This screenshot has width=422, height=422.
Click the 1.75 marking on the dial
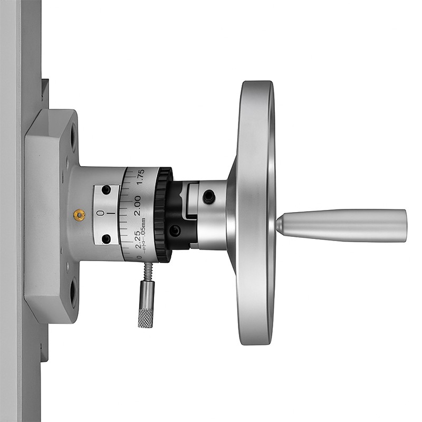click(140, 177)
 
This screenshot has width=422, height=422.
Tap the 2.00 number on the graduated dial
click(138, 205)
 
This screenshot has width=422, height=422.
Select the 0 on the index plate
click(100, 213)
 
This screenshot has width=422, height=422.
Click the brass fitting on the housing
click(80, 215)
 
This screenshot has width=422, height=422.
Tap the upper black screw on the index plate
click(106, 190)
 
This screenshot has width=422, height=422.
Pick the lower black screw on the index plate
click(106, 238)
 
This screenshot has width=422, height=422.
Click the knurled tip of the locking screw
click(146, 319)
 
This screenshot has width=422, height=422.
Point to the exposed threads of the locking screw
click(147, 272)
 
